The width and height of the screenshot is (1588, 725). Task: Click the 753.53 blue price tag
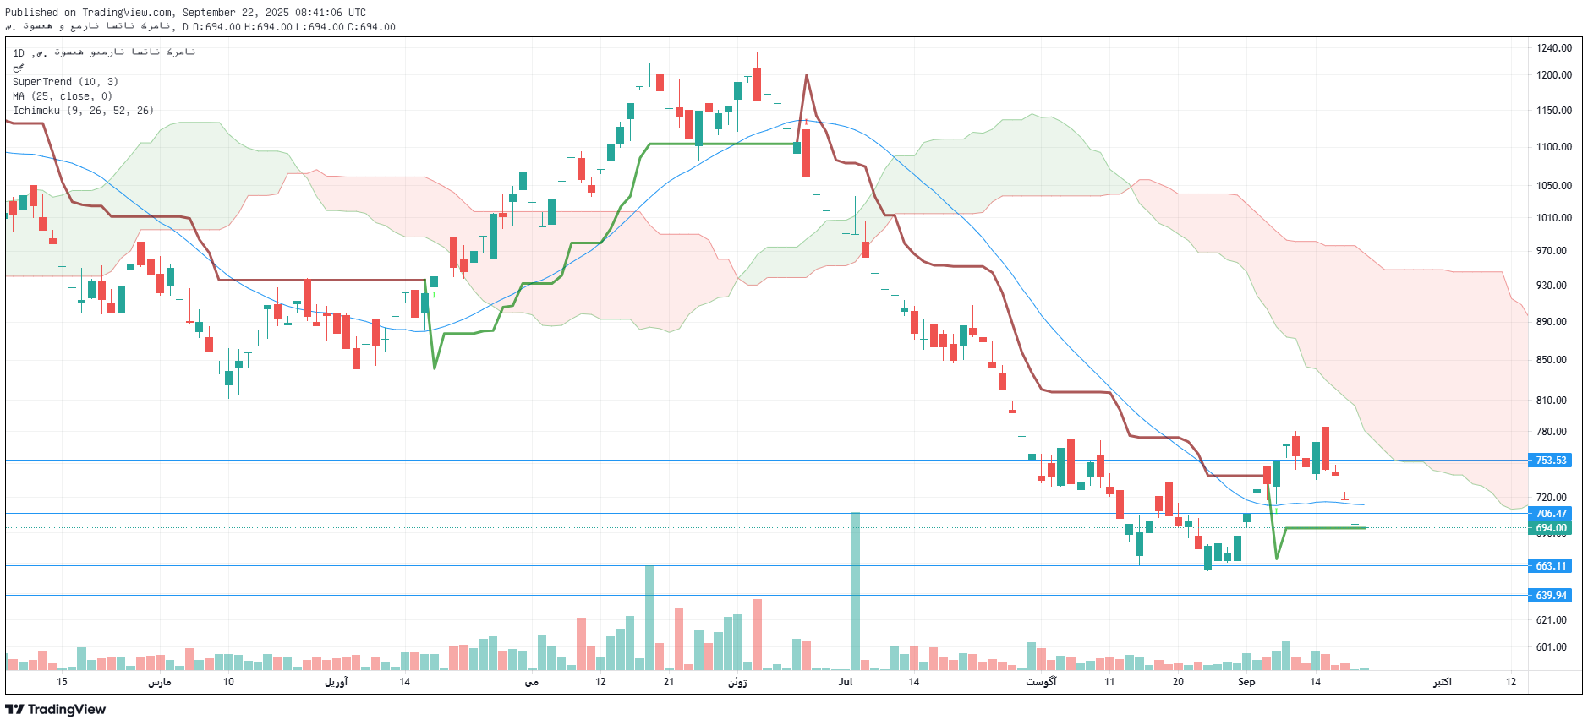click(x=1551, y=461)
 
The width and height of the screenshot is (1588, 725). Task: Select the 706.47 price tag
click(x=1551, y=514)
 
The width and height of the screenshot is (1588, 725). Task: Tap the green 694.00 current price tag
click(x=1551, y=528)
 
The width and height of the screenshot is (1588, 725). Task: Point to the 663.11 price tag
click(x=1551, y=566)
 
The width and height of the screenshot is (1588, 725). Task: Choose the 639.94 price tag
click(x=1551, y=596)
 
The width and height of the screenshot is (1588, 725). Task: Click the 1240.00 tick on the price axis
click(x=1554, y=48)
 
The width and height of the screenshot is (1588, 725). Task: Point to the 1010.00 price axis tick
click(x=1554, y=218)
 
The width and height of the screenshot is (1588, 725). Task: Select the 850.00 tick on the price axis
click(x=1552, y=360)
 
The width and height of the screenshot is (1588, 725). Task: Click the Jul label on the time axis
click(x=846, y=682)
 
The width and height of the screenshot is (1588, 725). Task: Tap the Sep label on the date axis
click(x=1246, y=682)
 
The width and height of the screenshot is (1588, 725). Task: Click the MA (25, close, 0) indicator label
click(x=63, y=96)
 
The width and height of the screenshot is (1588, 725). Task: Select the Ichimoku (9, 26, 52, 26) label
click(x=83, y=111)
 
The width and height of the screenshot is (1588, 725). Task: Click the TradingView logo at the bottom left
click(x=56, y=709)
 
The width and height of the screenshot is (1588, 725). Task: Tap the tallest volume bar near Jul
click(x=855, y=591)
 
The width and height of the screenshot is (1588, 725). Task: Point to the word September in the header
click(x=209, y=13)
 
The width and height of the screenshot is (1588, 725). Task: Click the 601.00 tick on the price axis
click(x=1552, y=647)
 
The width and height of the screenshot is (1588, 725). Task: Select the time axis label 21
click(x=669, y=682)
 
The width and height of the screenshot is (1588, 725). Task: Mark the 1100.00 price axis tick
click(x=1554, y=147)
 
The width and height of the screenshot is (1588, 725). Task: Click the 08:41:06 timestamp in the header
click(x=319, y=13)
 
